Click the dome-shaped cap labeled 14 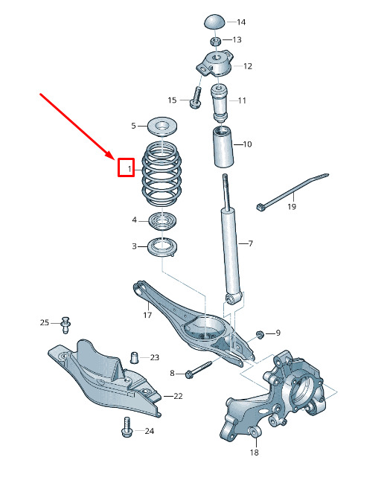click(x=215, y=22)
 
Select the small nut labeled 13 click(x=216, y=41)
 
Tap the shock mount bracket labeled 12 click(x=215, y=63)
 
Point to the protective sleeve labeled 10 click(x=223, y=147)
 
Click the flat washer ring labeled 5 click(x=162, y=127)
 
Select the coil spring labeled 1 click(x=161, y=173)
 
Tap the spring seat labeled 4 click(x=162, y=221)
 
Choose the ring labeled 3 click(x=162, y=247)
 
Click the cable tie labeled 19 click(x=292, y=191)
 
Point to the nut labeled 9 click(x=260, y=334)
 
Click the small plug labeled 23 click(x=134, y=357)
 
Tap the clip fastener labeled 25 click(x=65, y=324)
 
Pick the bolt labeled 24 click(x=126, y=427)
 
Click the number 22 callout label click(x=178, y=396)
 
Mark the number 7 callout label click(x=250, y=243)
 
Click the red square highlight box click(x=126, y=167)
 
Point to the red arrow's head click(x=112, y=156)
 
